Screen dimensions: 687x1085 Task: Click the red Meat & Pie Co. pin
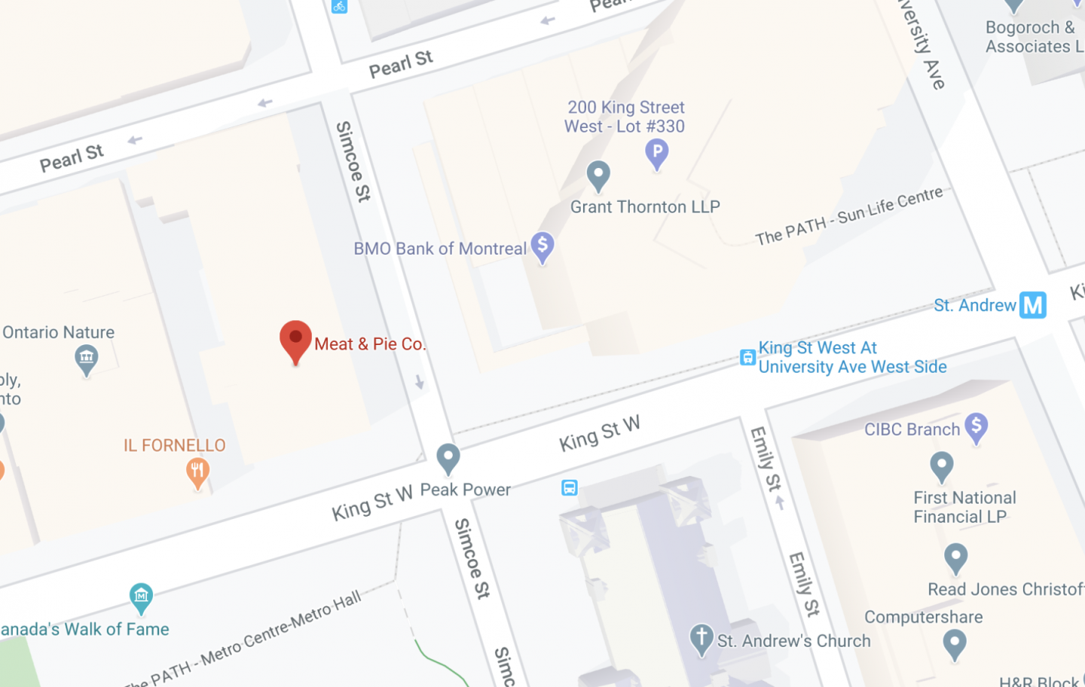point(295,340)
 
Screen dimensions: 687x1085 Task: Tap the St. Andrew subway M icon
point(1033,305)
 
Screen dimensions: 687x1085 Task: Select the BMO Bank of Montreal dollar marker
point(542,246)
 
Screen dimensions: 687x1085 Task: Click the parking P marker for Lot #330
point(657,153)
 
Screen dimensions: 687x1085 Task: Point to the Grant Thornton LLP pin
point(598,176)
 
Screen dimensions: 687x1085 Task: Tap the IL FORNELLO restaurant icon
point(197,473)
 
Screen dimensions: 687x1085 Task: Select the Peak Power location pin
point(448,457)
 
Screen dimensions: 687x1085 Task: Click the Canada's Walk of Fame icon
point(141,598)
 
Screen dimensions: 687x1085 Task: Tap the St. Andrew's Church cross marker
point(701,638)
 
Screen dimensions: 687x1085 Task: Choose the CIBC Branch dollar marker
point(976,427)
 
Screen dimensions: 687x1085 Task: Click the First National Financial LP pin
point(941,466)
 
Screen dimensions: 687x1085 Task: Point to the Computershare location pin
point(955,644)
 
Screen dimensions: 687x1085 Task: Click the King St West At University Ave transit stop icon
point(747,358)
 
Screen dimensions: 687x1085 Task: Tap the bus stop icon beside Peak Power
point(570,488)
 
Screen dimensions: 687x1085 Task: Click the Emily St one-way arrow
point(780,502)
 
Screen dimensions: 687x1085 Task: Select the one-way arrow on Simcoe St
point(419,382)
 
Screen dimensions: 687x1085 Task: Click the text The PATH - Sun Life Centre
point(848,215)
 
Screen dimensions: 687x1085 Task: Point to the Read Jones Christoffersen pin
point(955,558)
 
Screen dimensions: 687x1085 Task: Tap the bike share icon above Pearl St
point(339,6)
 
